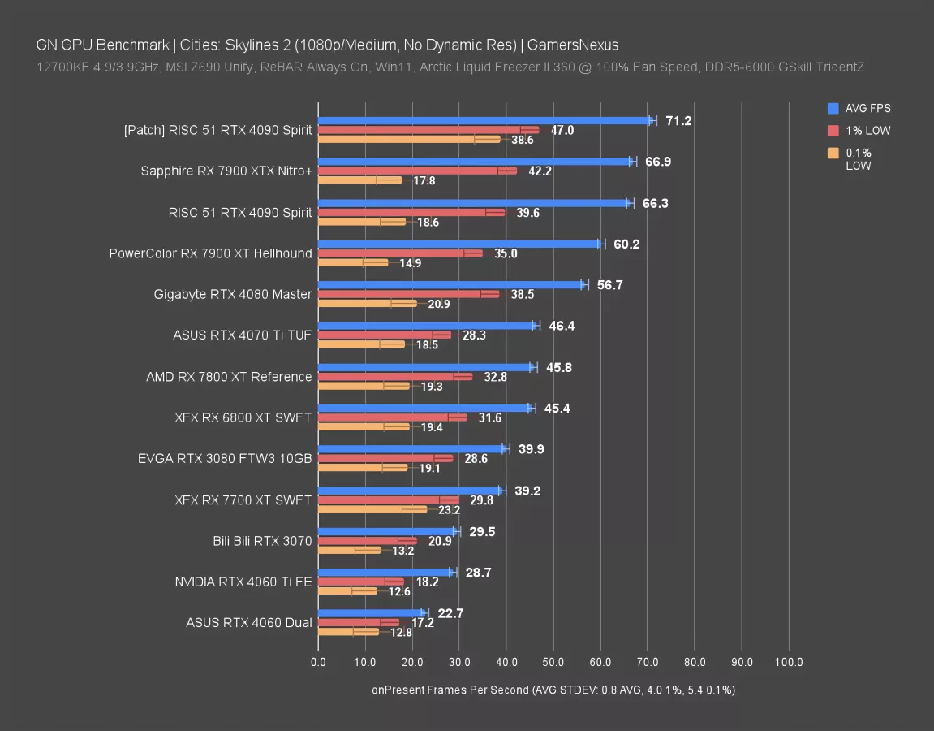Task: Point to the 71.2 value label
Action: (x=678, y=121)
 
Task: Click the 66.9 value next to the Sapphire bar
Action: (x=658, y=162)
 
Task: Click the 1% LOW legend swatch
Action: (x=833, y=131)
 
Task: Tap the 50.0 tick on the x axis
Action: (x=553, y=662)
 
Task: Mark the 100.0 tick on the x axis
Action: (x=789, y=662)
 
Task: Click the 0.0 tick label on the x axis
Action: (x=318, y=662)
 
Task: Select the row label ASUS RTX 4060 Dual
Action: (x=249, y=623)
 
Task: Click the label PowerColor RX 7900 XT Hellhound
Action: (x=210, y=253)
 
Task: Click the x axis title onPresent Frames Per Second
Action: (x=450, y=690)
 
